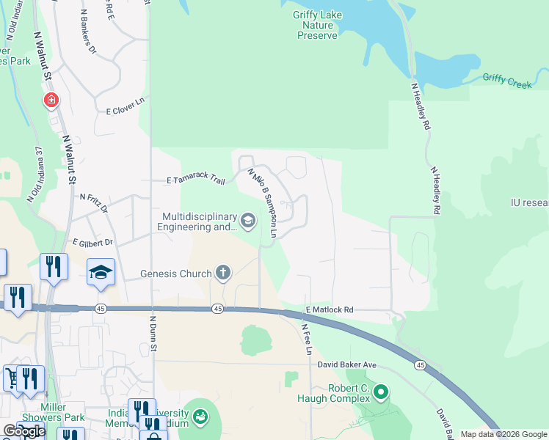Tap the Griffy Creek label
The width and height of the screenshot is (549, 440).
pos(506,80)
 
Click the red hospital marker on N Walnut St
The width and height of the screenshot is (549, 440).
pos(51,100)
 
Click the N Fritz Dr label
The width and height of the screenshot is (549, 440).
pos(93,203)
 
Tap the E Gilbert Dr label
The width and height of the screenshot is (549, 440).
pos(92,242)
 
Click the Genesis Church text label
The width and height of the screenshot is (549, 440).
pos(176,274)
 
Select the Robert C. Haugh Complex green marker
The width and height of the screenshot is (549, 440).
pos(380,392)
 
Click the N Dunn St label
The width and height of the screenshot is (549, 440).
pos(154,330)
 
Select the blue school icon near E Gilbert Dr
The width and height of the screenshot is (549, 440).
pos(101,273)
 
